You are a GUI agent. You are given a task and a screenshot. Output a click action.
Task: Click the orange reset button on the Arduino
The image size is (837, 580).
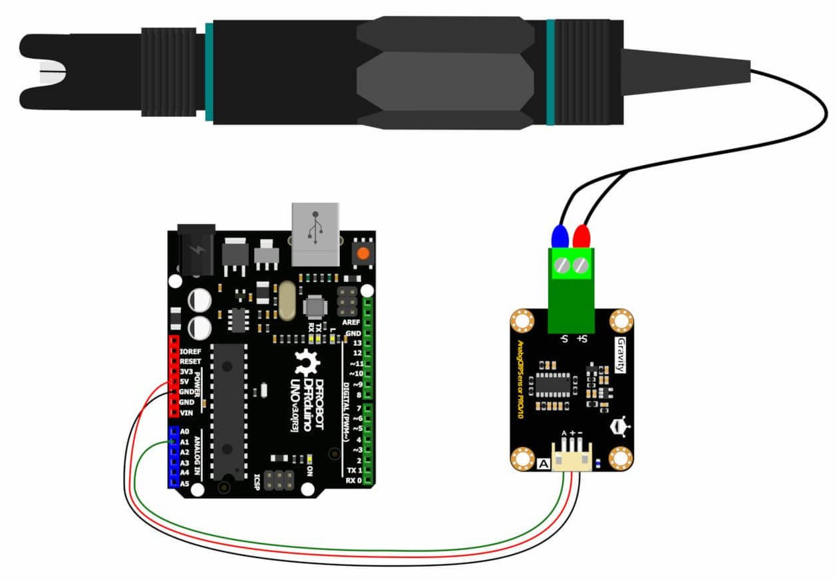pos(363,253)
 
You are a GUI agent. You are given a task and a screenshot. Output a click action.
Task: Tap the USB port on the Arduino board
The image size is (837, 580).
pos(315,230)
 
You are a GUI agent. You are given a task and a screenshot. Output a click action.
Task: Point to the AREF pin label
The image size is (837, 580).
pos(351,322)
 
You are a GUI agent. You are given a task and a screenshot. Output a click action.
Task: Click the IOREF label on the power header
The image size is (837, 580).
pos(190,351)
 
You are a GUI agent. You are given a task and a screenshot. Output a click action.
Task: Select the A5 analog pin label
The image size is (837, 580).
pos(186,484)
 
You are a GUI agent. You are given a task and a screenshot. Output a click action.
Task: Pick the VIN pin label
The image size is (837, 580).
pos(186,412)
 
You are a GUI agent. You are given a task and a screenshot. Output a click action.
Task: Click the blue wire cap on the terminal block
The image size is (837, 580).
pos(560,237)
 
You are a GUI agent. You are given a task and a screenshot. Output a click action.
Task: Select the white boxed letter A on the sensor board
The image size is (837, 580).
pos(542,464)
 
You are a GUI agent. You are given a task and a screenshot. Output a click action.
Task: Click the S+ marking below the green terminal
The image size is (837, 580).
pos(582,340)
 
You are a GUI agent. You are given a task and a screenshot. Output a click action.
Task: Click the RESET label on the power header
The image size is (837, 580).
pos(190,361)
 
